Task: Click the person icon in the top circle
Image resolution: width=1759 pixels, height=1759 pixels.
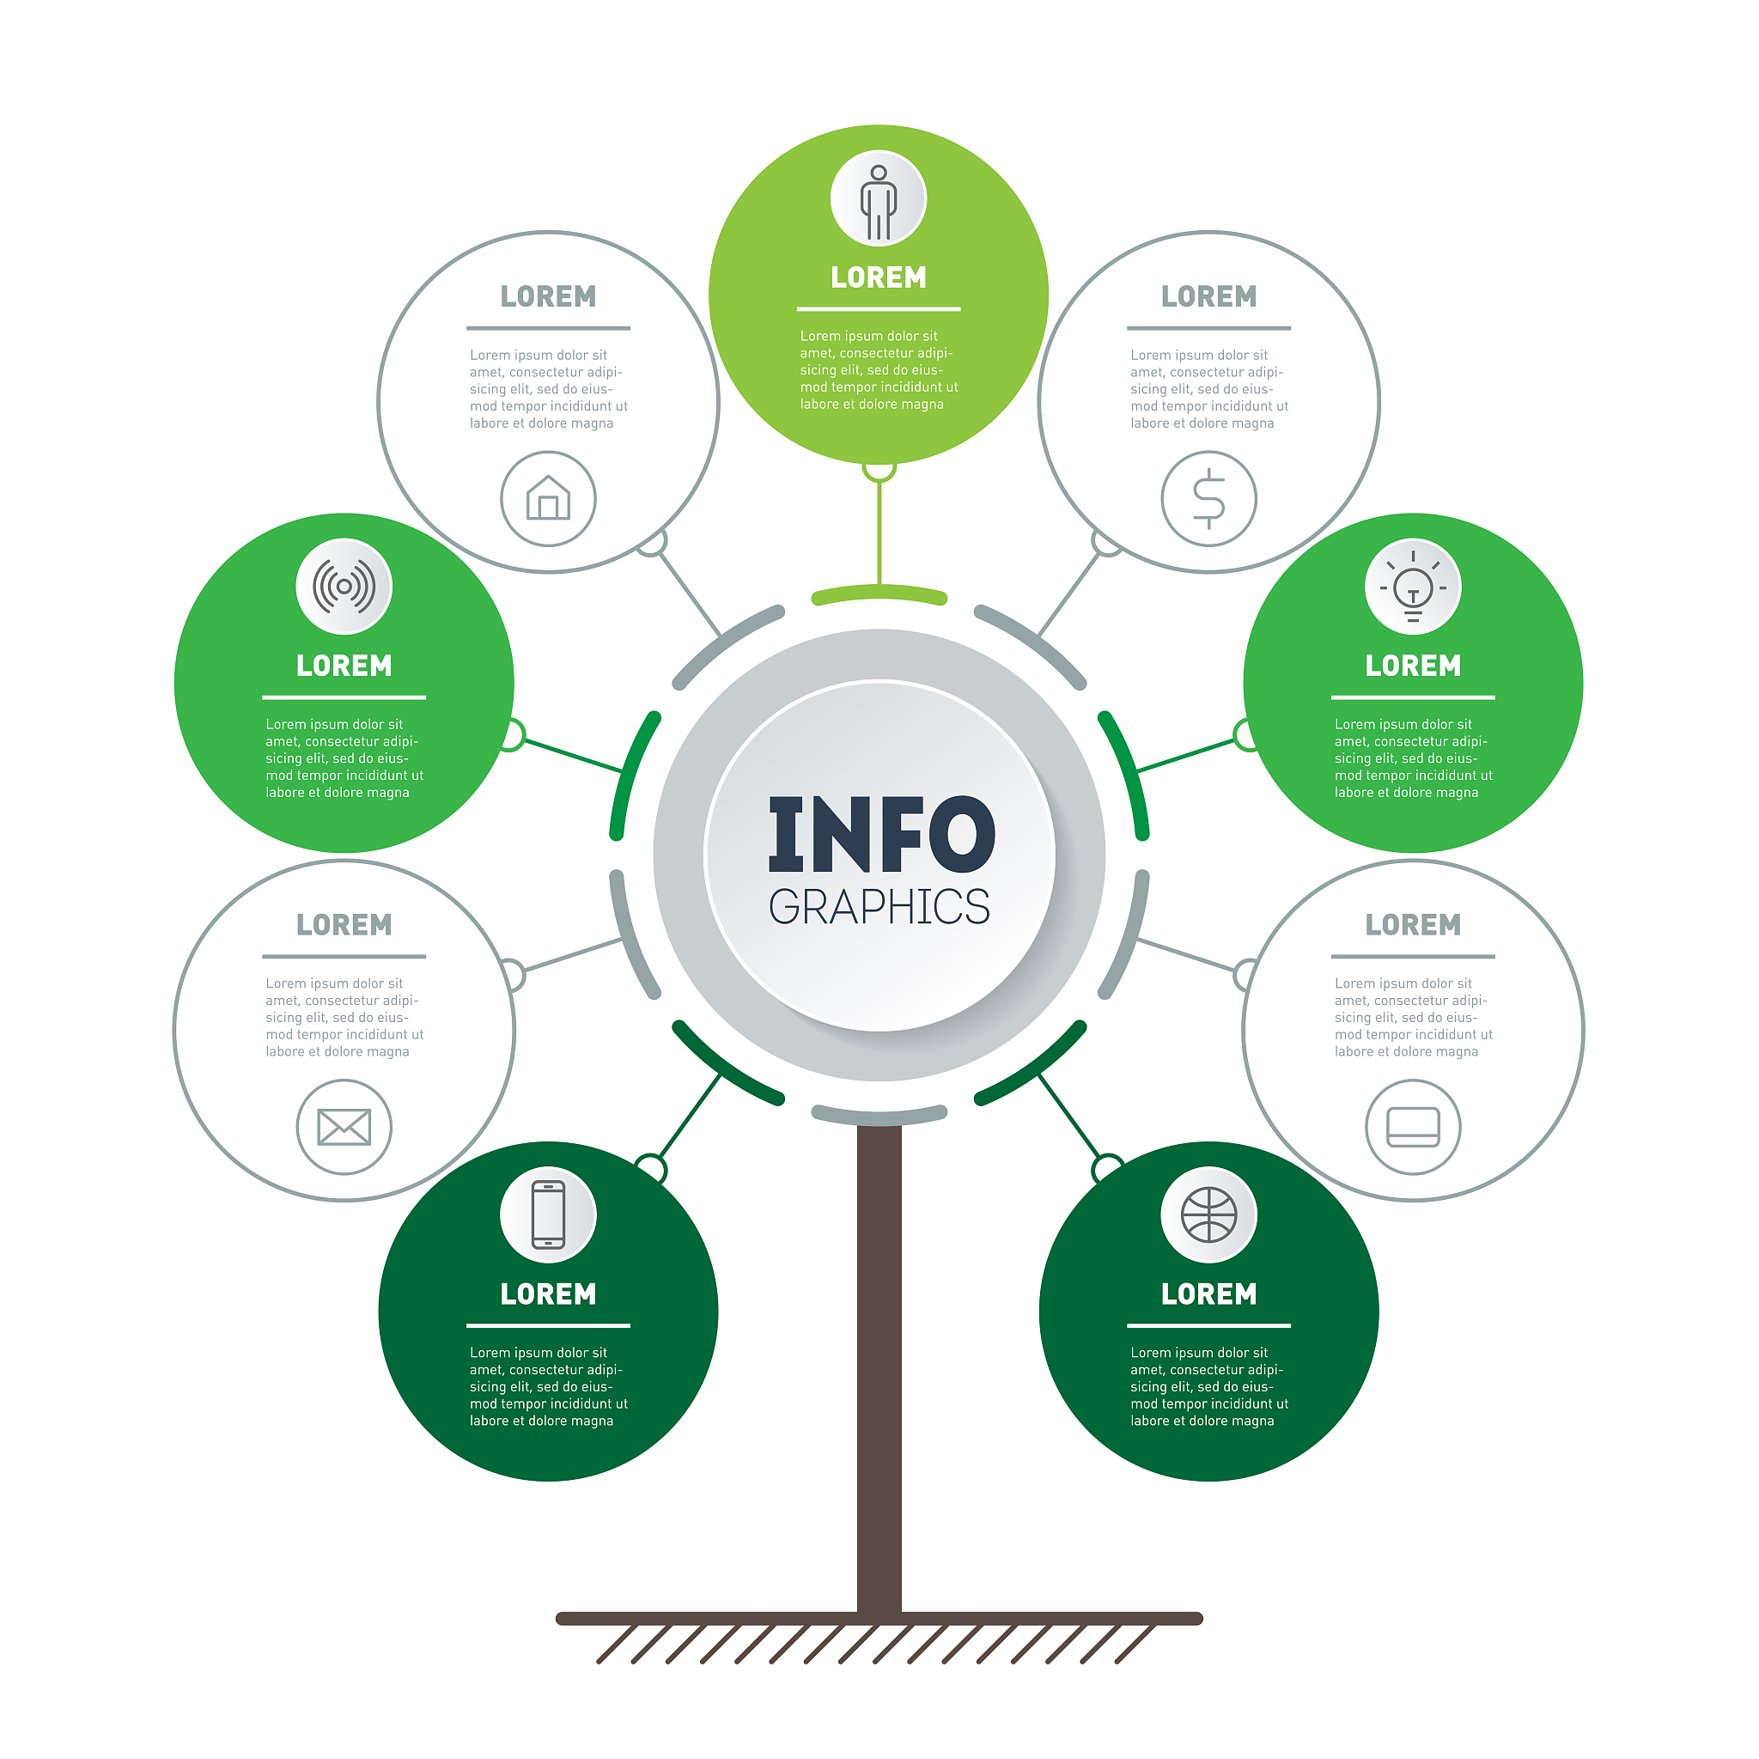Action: point(879,201)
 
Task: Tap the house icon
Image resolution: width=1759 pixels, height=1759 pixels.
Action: point(548,498)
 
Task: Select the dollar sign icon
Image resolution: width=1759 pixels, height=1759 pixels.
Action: point(1209,498)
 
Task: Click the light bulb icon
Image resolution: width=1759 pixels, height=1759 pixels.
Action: point(1413,587)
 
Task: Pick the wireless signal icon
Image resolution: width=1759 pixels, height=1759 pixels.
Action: point(344,587)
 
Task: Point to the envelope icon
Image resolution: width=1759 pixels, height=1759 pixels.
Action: point(344,1127)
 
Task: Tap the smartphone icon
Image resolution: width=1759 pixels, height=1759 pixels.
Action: point(548,1214)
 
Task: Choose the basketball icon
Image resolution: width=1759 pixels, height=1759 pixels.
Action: point(1209,1214)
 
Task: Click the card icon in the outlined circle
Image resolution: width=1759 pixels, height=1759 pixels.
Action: point(1413,1127)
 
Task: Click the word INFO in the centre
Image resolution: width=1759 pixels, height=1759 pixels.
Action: point(882,834)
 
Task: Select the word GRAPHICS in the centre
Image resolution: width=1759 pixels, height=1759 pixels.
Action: point(879,908)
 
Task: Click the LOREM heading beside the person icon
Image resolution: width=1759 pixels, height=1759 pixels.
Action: point(879,277)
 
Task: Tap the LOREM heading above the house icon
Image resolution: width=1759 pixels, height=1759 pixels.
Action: point(548,297)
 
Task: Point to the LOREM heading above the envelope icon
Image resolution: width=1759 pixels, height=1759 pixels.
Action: point(344,925)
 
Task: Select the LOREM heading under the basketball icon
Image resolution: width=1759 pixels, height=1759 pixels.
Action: point(1209,1294)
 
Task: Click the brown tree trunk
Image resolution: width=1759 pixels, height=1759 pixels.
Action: point(879,1369)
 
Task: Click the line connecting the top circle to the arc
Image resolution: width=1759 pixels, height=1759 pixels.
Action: point(879,533)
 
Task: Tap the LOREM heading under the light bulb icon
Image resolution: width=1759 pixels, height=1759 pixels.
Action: point(1413,666)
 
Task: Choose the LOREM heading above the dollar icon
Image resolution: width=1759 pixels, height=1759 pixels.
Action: point(1209,297)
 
